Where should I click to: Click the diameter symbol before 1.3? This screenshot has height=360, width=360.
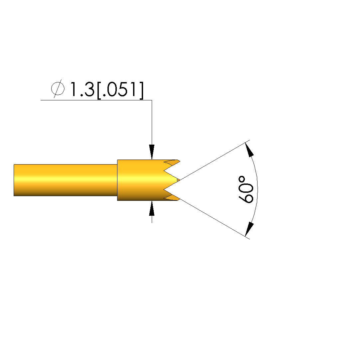[58, 89]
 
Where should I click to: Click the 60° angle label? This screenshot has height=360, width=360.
[246, 190]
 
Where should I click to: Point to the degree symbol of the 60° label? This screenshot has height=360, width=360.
[242, 179]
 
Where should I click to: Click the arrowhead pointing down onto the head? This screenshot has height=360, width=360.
[152, 152]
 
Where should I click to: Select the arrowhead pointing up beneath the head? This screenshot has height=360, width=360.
[152, 208]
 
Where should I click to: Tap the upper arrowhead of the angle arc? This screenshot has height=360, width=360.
[249, 150]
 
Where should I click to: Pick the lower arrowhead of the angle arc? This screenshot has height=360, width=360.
[249, 229]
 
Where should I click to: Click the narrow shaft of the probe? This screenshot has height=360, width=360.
[66, 180]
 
